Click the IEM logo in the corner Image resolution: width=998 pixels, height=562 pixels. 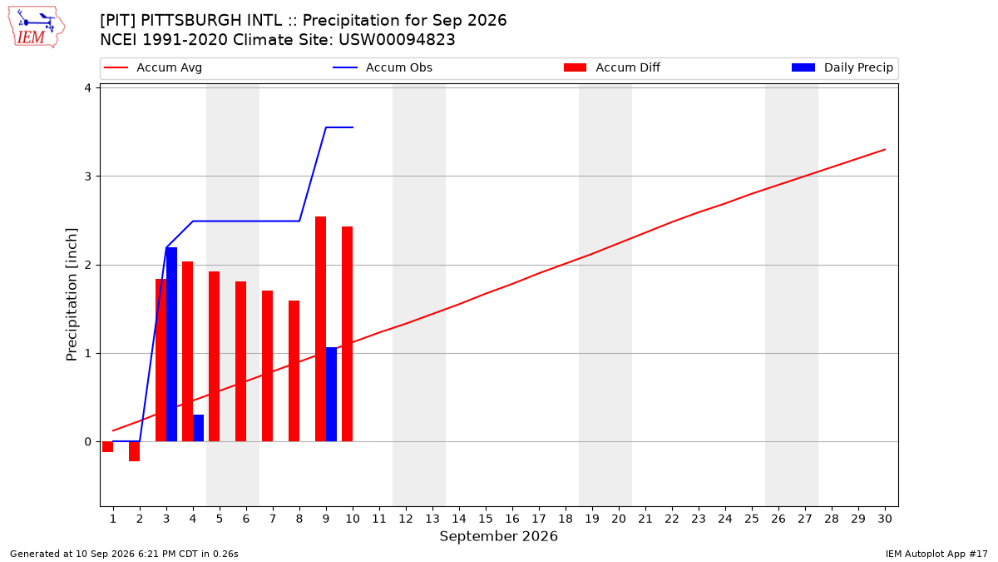click(37, 27)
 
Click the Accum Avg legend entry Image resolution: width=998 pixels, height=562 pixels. click(153, 67)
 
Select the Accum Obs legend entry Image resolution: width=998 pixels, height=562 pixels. click(383, 67)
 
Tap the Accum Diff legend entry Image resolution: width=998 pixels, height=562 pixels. click(612, 67)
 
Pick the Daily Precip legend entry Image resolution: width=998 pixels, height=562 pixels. click(842, 67)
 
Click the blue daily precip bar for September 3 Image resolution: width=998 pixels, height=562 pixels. click(171, 345)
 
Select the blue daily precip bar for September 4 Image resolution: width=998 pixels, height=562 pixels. click(198, 428)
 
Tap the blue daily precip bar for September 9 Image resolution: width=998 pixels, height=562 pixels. click(332, 395)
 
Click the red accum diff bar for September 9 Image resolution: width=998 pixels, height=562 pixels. click(321, 329)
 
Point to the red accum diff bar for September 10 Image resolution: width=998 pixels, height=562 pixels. click(348, 334)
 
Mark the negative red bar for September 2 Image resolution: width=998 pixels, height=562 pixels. click(134, 451)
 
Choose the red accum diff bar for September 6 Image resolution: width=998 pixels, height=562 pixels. click(240, 361)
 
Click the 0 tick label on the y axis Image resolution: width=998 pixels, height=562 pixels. click(87, 441)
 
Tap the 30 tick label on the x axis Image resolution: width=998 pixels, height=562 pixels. click(885, 519)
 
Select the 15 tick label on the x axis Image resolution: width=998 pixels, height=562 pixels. click(486, 519)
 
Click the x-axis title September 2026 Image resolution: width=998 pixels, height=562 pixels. click(498, 536)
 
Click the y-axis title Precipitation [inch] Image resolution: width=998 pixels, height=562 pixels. click(72, 295)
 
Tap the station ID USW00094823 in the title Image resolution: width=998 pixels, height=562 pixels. click(397, 40)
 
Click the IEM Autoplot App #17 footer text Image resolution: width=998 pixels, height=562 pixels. click(936, 554)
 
